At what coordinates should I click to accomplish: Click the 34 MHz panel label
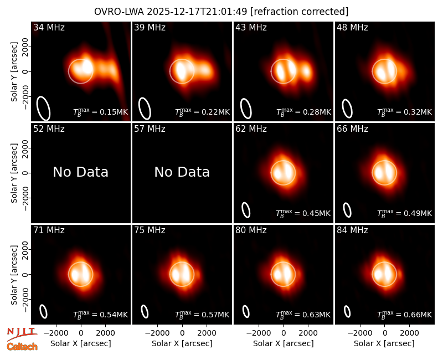49,27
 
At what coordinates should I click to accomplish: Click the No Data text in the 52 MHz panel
80,172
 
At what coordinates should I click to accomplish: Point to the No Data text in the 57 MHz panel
182,172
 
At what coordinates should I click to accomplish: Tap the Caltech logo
22,347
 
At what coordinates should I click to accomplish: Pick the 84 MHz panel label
352,230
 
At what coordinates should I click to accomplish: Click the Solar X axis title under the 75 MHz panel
182,343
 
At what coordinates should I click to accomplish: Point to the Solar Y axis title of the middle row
14,173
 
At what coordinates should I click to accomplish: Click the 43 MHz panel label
251,27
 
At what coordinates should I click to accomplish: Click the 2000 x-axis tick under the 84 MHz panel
409,333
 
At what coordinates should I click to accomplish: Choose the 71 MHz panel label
49,230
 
